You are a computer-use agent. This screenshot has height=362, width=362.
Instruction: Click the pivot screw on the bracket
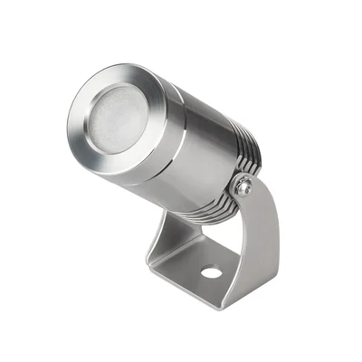tap(243, 187)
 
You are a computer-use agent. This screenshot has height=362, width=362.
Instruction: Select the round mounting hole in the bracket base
tap(212, 271)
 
